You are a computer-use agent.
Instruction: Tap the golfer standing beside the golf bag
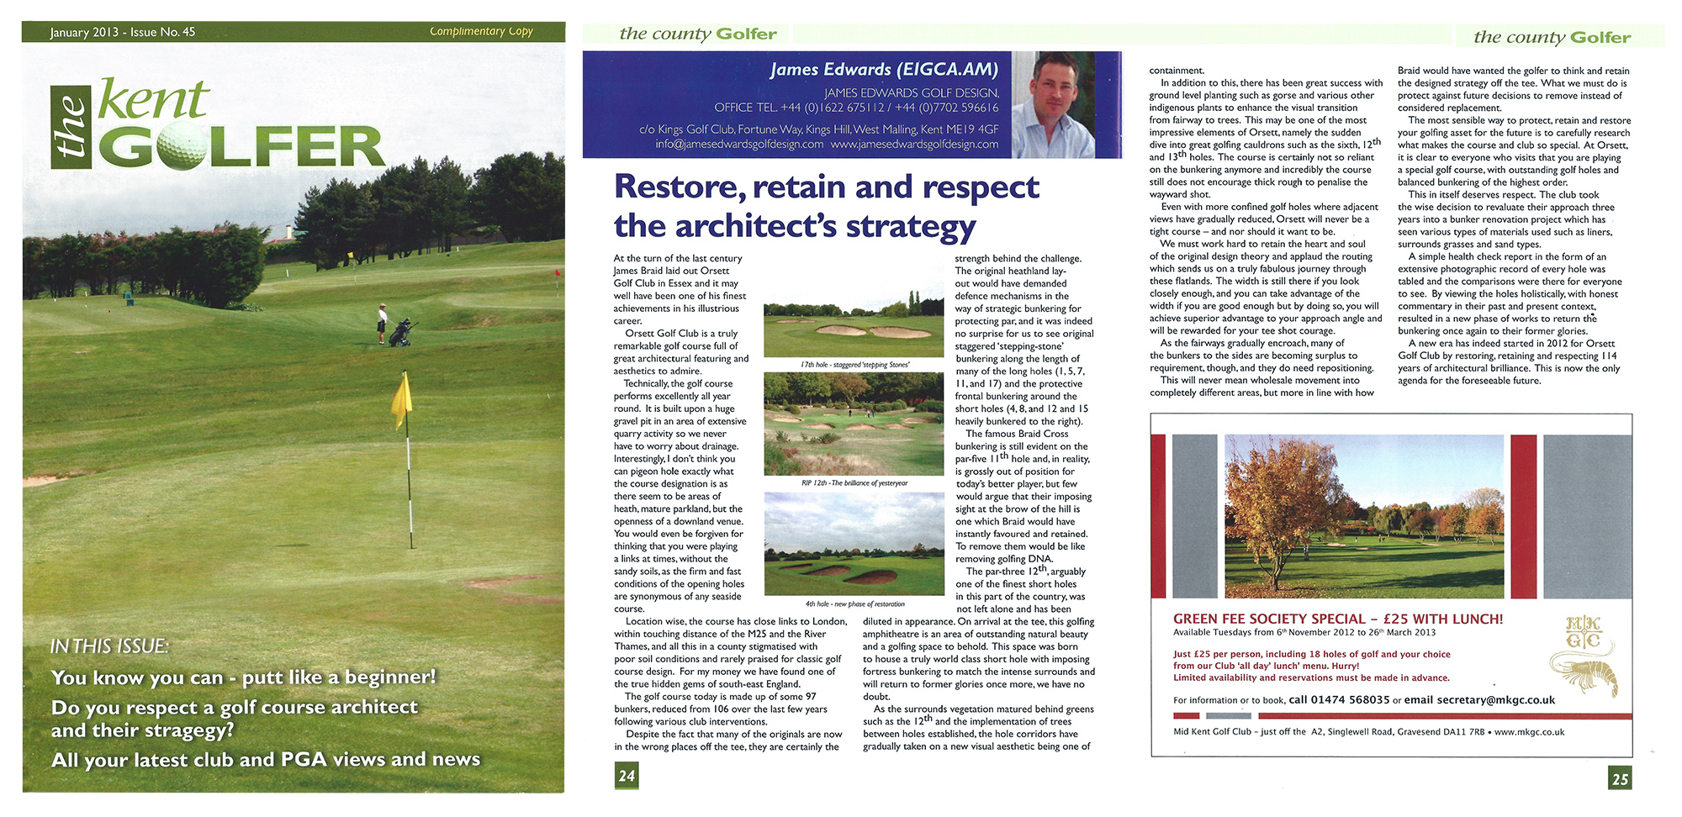point(383,324)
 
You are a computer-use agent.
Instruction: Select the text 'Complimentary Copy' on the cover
point(481,32)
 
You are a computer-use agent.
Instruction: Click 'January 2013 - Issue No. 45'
point(123,33)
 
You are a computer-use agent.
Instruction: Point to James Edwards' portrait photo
point(1064,103)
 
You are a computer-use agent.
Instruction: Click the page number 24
point(627,775)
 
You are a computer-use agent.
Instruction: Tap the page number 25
point(1620,778)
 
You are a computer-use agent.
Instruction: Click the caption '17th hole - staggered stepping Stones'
point(854,365)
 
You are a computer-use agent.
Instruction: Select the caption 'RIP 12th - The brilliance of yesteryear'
point(854,483)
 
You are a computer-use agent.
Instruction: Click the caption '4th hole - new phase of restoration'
point(854,604)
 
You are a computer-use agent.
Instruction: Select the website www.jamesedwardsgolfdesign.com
point(915,145)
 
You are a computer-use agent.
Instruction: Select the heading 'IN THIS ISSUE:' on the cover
point(109,646)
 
